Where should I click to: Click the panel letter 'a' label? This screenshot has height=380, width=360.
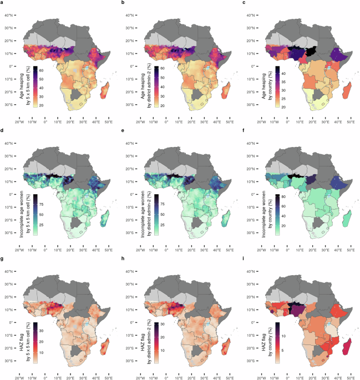[3, 3]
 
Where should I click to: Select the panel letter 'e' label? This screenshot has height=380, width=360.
[124, 131]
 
